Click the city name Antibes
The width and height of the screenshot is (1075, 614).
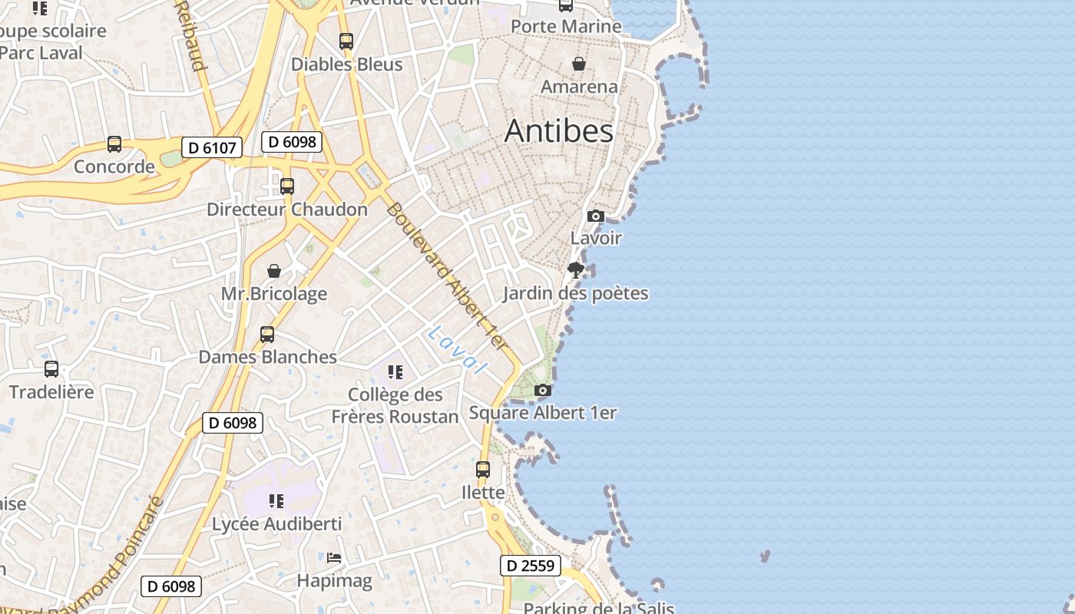click(559, 131)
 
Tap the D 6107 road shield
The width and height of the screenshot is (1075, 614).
click(212, 147)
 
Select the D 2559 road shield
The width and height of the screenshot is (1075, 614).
click(531, 566)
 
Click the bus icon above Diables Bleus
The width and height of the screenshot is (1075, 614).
click(346, 41)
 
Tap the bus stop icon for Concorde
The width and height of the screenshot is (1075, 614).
click(114, 144)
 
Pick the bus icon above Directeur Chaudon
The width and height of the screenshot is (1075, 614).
click(287, 187)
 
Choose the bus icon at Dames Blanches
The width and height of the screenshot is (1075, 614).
click(267, 335)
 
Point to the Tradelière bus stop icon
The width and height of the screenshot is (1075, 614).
click(51, 369)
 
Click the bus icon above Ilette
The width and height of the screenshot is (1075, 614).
click(483, 470)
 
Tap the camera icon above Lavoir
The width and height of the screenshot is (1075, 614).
click(596, 216)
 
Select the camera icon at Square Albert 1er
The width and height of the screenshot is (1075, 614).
click(543, 391)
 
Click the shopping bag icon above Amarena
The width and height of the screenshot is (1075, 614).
click(579, 64)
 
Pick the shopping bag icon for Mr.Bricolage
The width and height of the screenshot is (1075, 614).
click(274, 271)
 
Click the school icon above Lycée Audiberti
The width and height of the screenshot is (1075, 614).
click(276, 502)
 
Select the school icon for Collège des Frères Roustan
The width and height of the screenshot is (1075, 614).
click(395, 373)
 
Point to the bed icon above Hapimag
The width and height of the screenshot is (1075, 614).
click(334, 558)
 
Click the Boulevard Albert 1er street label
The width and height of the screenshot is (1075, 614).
click(449, 276)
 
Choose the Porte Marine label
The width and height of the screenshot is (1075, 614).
click(566, 26)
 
